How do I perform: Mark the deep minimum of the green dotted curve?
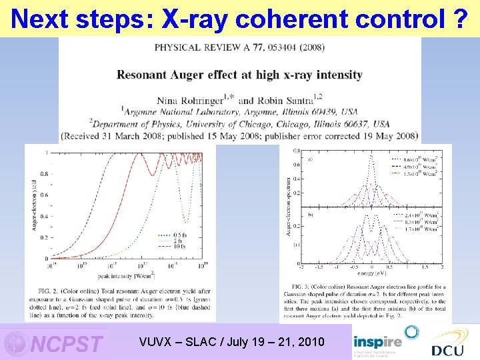(x=187, y=221)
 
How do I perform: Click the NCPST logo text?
(x=67, y=344)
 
